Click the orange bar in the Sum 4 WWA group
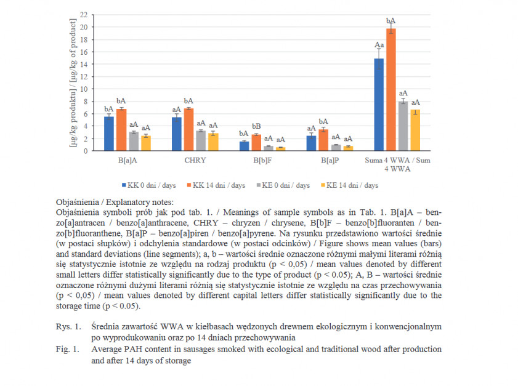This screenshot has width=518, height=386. click(391, 89)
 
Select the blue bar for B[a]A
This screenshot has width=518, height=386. click(109, 134)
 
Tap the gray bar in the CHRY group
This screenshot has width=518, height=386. click(201, 140)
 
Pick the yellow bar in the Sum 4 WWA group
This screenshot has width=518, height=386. click(415, 130)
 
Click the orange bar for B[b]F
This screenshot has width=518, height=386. click(256, 143)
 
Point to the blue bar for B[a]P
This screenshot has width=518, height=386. click(311, 143)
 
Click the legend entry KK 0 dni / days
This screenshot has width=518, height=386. click(149, 185)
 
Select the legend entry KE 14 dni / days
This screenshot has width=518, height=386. click(349, 185)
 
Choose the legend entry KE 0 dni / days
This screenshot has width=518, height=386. click(283, 185)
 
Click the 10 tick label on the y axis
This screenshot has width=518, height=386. click(84, 89)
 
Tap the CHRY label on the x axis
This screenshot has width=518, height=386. click(195, 161)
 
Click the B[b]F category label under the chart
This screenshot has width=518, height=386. click(262, 161)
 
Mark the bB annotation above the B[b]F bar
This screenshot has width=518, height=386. click(256, 126)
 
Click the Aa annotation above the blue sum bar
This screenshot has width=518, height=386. click(379, 44)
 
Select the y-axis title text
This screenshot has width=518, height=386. click(73, 82)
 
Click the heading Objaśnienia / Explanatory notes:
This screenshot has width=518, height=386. click(115, 202)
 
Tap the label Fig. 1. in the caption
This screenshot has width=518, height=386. click(68, 349)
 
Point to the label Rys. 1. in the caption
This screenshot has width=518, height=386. click(68, 326)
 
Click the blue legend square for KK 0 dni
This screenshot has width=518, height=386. click(124, 185)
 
